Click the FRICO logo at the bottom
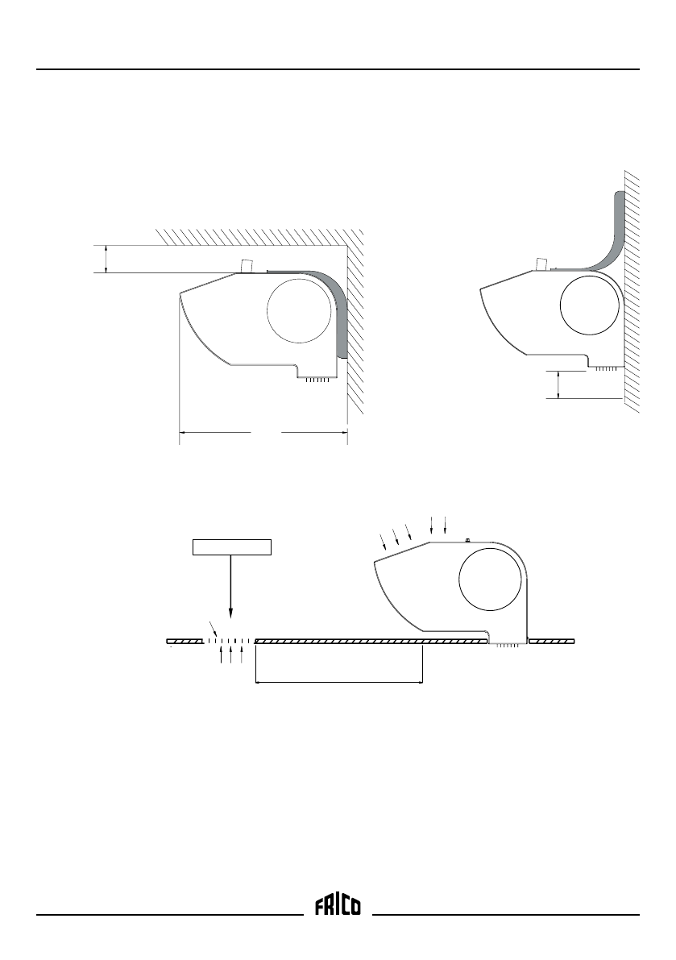click(338, 907)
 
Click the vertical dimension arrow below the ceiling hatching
click(106, 259)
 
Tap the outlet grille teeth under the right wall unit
click(606, 368)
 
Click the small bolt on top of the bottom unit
click(468, 539)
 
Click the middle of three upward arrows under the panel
click(231, 654)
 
